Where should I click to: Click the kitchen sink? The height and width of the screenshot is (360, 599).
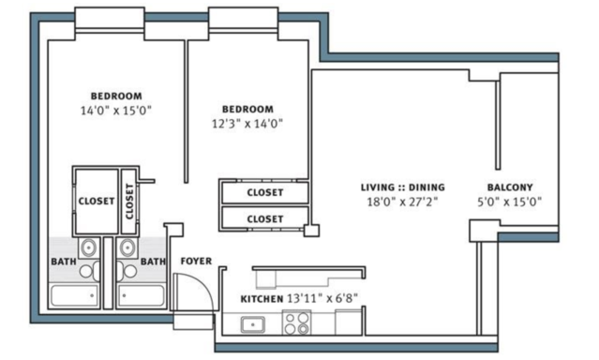point(253,324)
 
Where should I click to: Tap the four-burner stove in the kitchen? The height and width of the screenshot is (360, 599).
point(296,323)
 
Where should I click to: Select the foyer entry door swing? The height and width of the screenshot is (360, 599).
point(194,291)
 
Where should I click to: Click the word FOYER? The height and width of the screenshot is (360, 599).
point(196,261)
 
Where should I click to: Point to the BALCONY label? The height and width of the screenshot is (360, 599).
point(510,187)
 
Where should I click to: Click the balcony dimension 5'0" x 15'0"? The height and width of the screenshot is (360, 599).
point(510,202)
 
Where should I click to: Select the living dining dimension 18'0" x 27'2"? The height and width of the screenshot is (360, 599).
point(402,202)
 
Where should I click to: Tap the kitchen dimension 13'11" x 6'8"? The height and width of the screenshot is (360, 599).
point(322,298)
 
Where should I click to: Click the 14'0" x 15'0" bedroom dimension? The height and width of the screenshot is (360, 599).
point(115,111)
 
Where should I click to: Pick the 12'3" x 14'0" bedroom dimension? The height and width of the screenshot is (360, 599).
point(247,124)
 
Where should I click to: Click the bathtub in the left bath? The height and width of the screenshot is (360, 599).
point(74,295)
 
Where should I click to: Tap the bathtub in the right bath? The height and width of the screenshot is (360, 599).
point(142,295)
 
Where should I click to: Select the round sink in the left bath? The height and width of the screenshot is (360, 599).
point(89,247)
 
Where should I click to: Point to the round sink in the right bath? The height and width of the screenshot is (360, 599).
point(127,247)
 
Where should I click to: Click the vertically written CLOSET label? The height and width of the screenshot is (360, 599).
point(129,202)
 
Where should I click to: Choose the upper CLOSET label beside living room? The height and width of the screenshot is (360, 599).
point(265,192)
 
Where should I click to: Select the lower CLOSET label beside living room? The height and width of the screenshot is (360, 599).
point(265,219)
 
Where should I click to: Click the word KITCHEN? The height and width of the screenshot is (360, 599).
point(262,299)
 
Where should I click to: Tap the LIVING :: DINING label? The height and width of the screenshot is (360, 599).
point(403,187)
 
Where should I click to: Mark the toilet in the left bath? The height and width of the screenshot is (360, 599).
point(89,271)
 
